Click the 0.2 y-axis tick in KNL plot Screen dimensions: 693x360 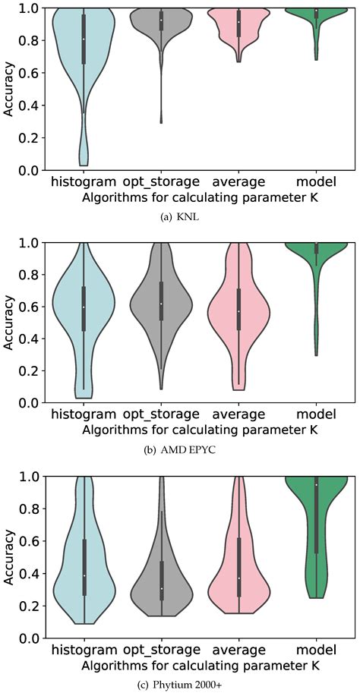pyautogui.click(x=27, y=138)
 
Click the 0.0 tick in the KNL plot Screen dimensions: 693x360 pyautogui.click(x=27, y=171)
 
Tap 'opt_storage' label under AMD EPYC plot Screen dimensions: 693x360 pyautogui.click(x=161, y=414)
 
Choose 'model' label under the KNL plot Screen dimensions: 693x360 pyautogui.click(x=316, y=182)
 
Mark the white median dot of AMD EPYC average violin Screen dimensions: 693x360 pyautogui.click(x=238, y=311)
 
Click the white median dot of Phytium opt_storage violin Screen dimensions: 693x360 pyautogui.click(x=161, y=588)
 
